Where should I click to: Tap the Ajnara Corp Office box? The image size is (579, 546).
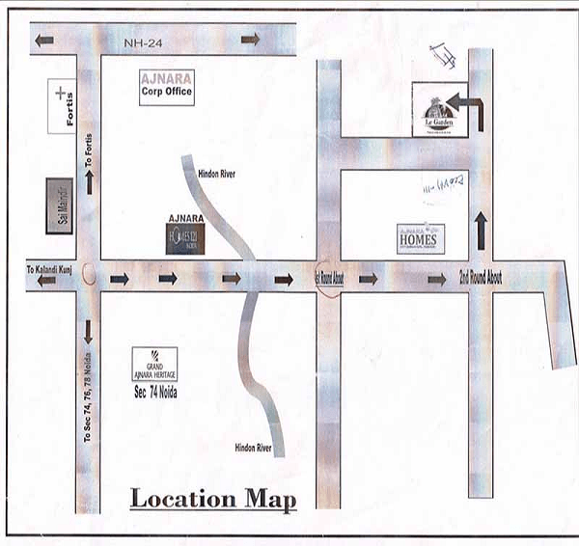(x=166, y=88)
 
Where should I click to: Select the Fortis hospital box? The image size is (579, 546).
(x=61, y=106)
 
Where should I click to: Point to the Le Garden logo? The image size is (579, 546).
(x=439, y=110)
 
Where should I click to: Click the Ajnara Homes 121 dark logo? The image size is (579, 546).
(x=184, y=237)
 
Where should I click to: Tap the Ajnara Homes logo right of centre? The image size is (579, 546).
(x=418, y=238)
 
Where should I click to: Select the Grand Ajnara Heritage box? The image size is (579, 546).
(x=154, y=364)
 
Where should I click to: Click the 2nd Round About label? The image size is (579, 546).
(x=480, y=278)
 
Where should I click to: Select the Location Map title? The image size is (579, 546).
(x=213, y=500)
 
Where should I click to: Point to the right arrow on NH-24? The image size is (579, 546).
(x=251, y=40)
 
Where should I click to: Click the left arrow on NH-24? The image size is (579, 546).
(x=44, y=40)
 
